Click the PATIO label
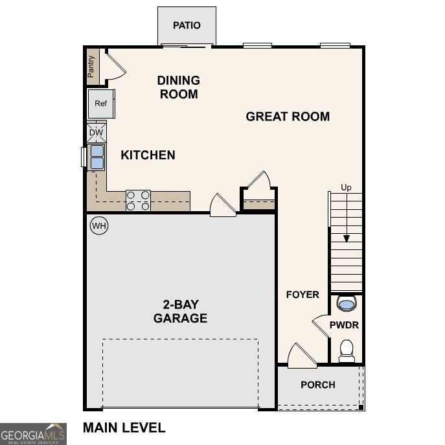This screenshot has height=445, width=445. [x=187, y=25]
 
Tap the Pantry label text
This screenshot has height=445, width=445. [x=92, y=66]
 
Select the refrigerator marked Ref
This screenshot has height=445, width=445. [x=100, y=104]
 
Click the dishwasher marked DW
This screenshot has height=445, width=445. [x=96, y=133]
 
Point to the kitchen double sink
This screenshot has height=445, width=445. [x=97, y=157]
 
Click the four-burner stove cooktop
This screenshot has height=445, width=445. [x=138, y=200]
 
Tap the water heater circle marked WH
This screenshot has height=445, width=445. [x=98, y=226]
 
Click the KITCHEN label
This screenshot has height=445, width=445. [x=148, y=155]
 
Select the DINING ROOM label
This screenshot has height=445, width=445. [x=178, y=87]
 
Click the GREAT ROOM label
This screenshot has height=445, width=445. [x=288, y=117]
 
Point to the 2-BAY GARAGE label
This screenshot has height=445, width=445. [x=180, y=312]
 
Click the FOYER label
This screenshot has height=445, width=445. [x=302, y=295]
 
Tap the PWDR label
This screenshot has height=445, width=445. [x=344, y=325]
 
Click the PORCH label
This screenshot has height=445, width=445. [x=318, y=385]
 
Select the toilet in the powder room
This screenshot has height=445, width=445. [x=347, y=350]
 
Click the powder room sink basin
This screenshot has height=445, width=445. [x=347, y=303]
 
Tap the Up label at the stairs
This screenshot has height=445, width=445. [x=347, y=188]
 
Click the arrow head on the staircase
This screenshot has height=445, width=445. [x=347, y=238]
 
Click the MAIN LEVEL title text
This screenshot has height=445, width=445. [x=124, y=428]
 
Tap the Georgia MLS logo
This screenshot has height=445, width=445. [x=33, y=433]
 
